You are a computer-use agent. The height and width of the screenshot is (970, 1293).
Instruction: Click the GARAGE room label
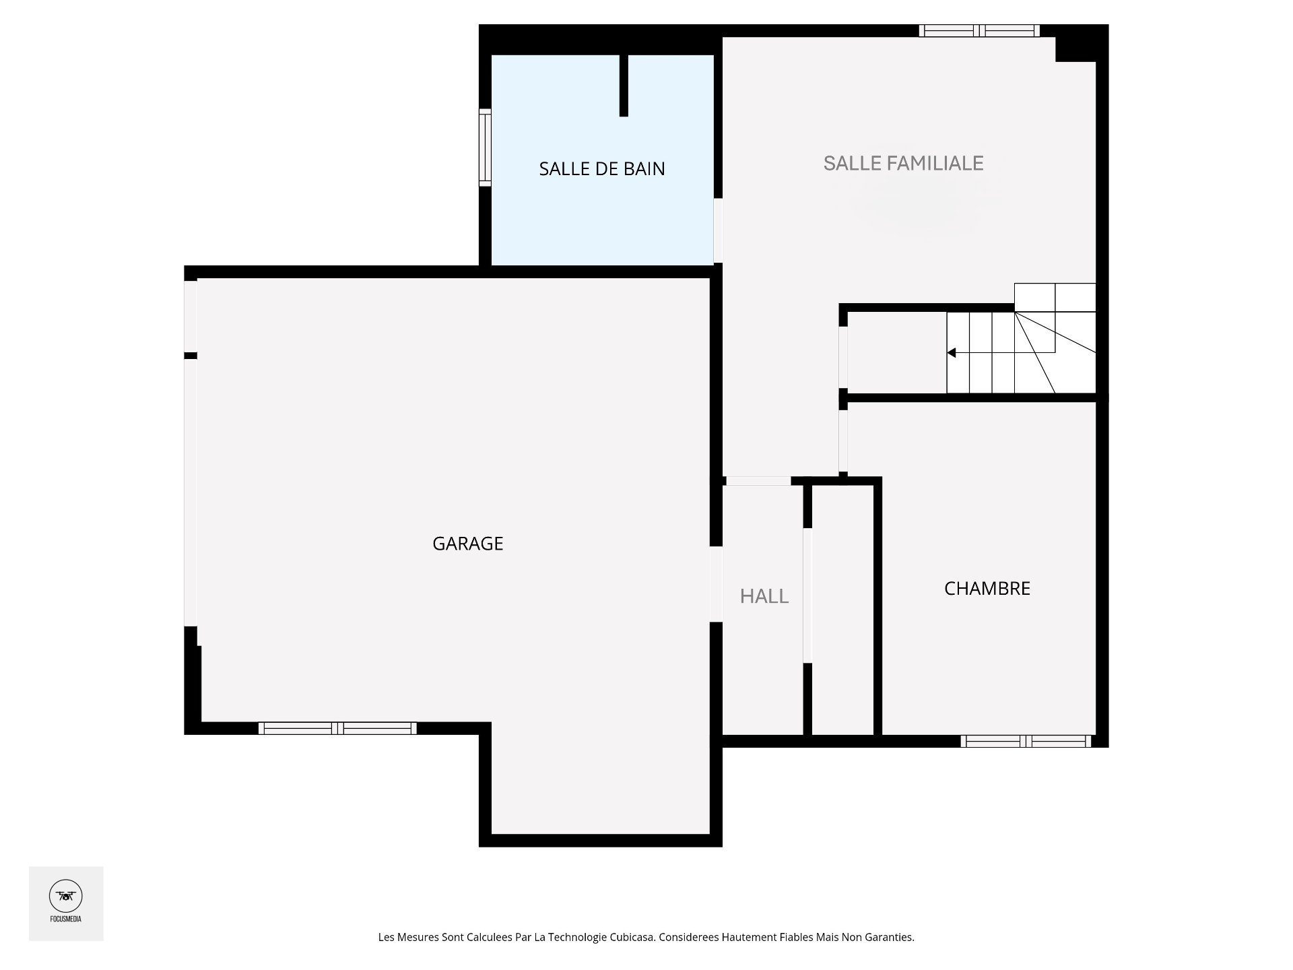[x=467, y=544]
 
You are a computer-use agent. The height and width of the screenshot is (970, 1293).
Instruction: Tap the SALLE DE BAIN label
[x=601, y=168]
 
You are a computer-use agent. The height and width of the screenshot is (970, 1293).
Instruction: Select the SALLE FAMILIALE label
[x=903, y=163]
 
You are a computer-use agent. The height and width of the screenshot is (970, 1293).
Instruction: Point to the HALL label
[x=764, y=596]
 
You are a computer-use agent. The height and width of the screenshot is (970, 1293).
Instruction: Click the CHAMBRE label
[x=987, y=589]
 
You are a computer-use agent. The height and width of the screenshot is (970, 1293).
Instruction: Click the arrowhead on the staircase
[x=952, y=352]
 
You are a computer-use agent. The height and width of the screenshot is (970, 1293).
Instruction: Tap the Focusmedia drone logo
[x=66, y=896]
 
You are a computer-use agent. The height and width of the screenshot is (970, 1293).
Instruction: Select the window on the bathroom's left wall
[x=485, y=147]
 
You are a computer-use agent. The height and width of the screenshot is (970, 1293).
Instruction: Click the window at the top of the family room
[x=980, y=30]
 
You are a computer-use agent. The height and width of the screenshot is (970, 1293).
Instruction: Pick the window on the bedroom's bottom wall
[x=1026, y=741]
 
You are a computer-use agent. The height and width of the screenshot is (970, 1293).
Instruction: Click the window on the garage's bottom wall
[x=337, y=727]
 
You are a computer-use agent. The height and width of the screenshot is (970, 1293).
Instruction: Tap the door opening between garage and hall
[x=716, y=583]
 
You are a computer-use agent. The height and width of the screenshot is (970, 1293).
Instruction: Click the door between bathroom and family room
[x=718, y=230]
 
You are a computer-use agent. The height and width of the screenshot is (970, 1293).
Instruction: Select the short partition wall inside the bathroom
[x=624, y=86]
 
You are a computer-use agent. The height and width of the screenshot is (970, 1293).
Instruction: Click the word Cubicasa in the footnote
[x=632, y=937]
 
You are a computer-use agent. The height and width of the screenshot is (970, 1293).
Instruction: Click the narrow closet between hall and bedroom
[x=842, y=610]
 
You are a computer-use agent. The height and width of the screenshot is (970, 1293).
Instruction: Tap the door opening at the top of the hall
[x=758, y=481]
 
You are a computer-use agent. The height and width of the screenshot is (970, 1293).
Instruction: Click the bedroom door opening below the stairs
[x=843, y=441]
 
